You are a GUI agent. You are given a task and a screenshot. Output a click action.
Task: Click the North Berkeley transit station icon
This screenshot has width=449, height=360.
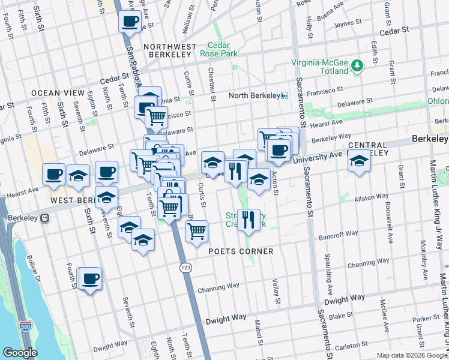(x=285, y=95)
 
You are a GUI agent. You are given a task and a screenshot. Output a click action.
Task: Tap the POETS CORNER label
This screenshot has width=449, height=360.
(x=241, y=251)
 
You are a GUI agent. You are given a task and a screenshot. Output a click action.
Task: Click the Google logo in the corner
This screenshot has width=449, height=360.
(x=20, y=353)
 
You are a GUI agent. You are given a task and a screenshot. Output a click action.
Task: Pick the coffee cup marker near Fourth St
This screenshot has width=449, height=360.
(x=90, y=278)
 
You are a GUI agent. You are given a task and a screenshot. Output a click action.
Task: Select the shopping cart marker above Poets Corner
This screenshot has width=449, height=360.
(x=196, y=230)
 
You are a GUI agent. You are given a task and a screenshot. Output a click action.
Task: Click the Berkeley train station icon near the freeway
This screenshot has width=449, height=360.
(x=45, y=218)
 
